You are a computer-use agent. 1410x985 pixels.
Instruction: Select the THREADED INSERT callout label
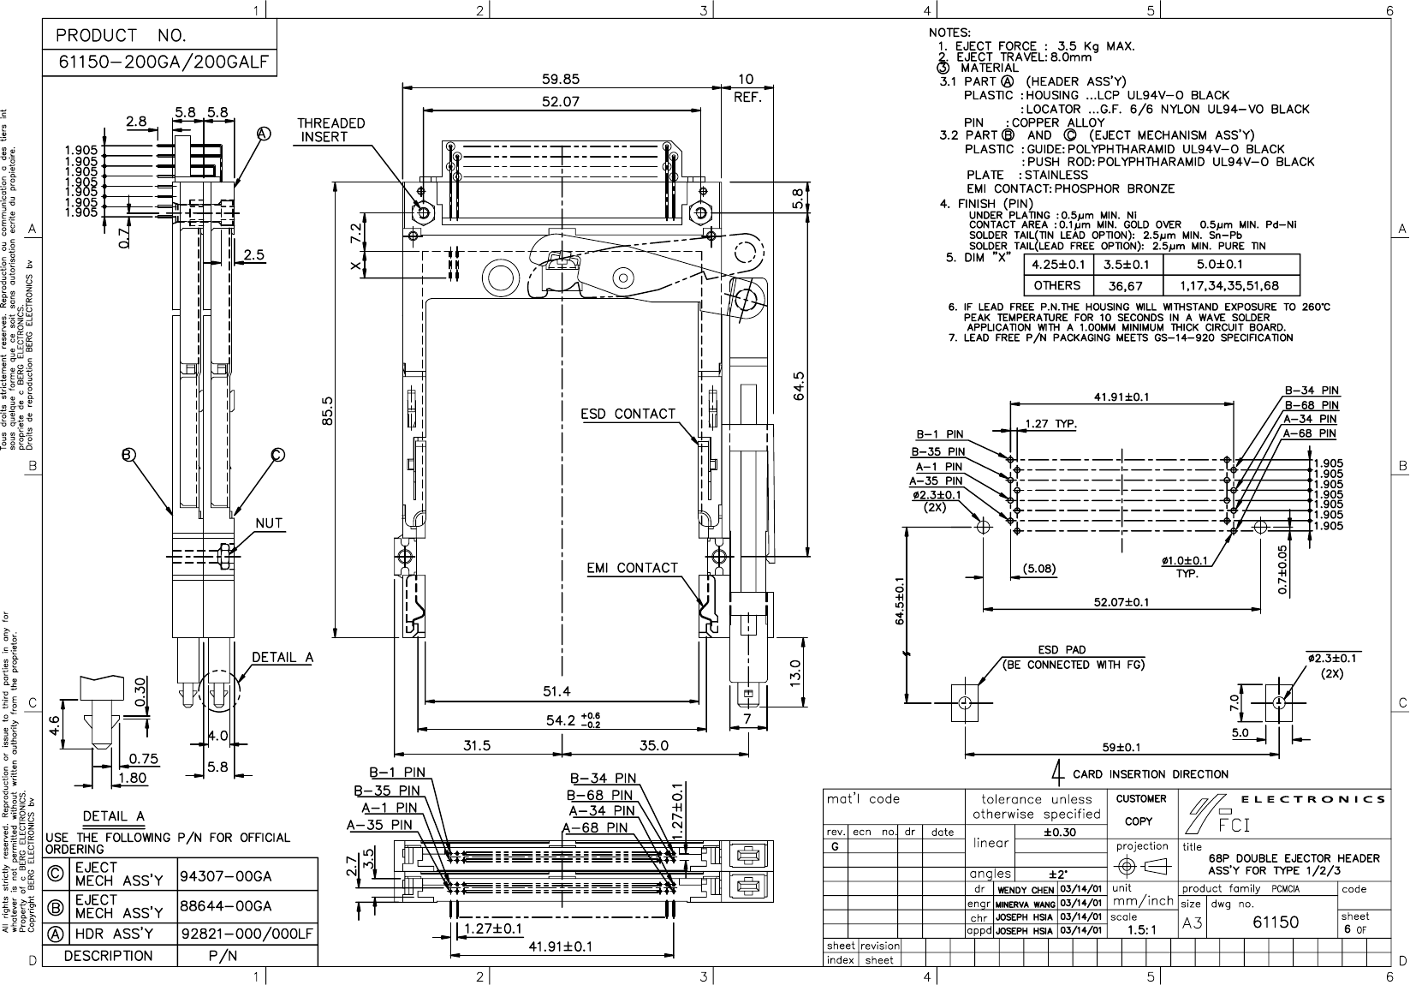coord(330,130)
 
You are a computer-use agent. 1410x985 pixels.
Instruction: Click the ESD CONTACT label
coord(628,415)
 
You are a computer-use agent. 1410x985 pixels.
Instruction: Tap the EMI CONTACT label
coord(632,568)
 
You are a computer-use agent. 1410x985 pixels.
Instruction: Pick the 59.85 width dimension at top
coord(561,79)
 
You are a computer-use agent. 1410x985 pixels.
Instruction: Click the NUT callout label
coord(269,522)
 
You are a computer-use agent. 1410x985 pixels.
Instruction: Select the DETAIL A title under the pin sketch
coord(113,815)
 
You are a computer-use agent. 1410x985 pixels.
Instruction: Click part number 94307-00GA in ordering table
coord(226,877)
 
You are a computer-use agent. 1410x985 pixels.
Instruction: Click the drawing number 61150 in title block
coord(1276,922)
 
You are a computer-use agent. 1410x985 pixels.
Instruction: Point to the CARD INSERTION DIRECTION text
coord(1150,774)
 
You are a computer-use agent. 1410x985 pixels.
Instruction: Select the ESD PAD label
coord(1062,650)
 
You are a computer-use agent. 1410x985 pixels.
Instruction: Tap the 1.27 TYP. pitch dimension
coord(1050,422)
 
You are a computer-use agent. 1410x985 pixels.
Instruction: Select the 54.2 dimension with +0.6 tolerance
coord(566,720)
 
